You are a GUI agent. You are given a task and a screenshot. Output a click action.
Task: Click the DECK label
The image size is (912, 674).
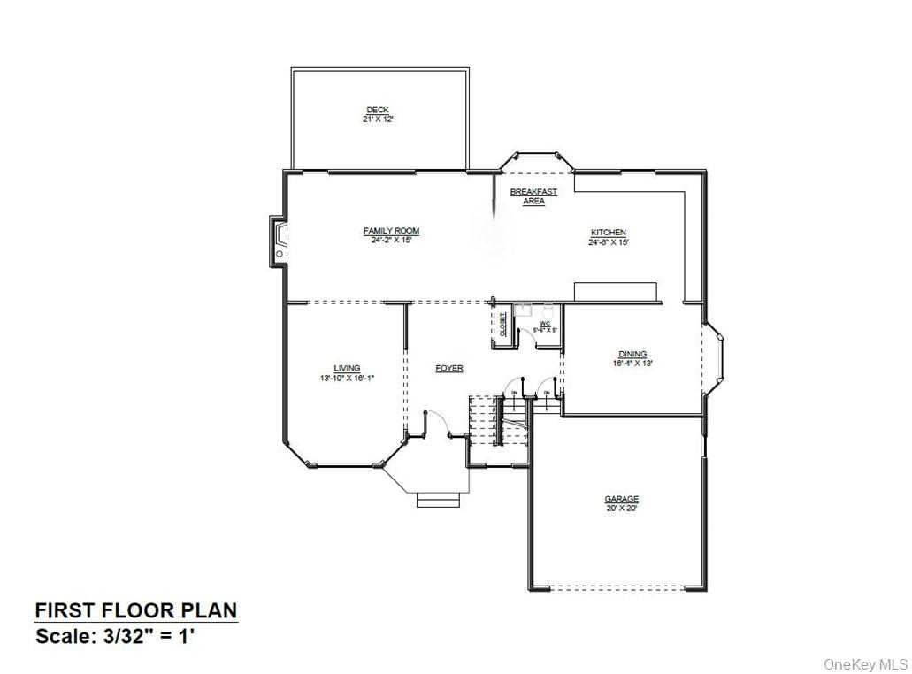click(x=378, y=110)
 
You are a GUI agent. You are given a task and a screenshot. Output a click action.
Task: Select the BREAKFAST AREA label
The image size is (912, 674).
click(x=533, y=196)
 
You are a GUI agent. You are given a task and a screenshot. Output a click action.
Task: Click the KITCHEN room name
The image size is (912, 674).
click(x=609, y=233)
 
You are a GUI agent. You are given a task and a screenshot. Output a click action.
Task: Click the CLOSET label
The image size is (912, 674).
click(x=502, y=325)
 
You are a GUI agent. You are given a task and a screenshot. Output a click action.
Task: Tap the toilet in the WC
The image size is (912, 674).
click(x=548, y=310)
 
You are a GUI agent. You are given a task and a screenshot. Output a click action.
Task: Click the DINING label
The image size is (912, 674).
click(x=632, y=354)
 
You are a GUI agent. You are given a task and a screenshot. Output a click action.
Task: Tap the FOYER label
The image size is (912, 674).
click(x=449, y=368)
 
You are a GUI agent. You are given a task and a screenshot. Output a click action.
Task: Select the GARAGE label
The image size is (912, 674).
click(x=621, y=499)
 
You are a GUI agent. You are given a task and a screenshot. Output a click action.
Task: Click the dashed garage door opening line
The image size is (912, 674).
click(x=619, y=587)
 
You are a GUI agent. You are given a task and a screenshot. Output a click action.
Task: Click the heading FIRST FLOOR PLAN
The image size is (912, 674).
click(x=135, y=610)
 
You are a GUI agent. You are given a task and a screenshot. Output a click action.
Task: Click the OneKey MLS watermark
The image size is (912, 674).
click(x=866, y=663)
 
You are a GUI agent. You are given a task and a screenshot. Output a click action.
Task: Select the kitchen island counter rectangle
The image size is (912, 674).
click(x=616, y=291)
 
